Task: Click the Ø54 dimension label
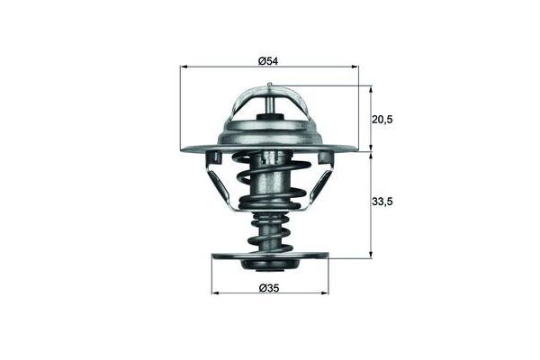268,61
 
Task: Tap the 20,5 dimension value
382,120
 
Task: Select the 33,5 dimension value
382,202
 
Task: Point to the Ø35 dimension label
268,288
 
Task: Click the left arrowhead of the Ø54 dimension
184,67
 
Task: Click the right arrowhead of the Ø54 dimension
355,67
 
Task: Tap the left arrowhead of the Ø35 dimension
215,293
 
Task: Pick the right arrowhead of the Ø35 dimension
325,293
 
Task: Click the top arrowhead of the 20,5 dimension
371,89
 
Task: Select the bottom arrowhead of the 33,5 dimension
371,254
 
